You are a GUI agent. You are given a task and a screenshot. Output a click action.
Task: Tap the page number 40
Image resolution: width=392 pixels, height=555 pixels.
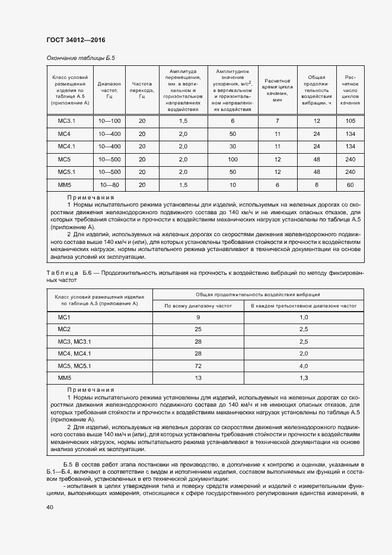coord(50,508)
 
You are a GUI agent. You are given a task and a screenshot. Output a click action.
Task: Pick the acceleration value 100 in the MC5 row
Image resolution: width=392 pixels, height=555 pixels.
coord(232,159)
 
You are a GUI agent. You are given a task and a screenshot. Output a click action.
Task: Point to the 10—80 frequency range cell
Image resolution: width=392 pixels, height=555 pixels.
coord(110,185)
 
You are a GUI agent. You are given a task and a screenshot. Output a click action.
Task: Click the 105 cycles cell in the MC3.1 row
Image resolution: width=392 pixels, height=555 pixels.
coord(350,121)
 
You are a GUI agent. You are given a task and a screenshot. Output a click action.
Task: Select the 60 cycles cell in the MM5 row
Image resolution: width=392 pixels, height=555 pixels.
coord(350,185)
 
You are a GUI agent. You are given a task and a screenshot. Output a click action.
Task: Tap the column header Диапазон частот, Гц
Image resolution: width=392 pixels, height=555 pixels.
coord(110,89)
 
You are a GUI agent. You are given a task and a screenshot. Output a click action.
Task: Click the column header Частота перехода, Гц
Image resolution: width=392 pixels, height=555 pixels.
coord(142,89)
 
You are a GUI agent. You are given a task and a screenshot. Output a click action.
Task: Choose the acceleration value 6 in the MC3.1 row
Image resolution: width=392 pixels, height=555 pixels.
coord(232,121)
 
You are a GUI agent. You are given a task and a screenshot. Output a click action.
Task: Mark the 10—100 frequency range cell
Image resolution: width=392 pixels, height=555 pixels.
coord(110,121)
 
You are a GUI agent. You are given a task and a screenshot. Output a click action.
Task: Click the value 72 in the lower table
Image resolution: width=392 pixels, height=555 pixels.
coord(197,365)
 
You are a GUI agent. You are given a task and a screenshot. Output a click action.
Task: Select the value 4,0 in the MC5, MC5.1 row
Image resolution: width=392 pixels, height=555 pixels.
coord(304,365)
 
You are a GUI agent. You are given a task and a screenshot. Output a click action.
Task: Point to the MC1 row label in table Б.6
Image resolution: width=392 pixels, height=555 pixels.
coord(64,318)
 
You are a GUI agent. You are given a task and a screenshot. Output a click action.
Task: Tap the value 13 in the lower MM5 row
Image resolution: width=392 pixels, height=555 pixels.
coord(197,378)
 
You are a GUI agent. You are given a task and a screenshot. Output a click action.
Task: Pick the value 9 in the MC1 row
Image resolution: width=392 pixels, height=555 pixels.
coord(197,318)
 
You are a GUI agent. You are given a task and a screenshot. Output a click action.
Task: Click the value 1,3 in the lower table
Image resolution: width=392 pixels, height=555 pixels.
coord(304,378)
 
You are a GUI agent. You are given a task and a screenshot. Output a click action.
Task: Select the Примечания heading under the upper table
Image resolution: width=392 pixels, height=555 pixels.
coord(91,197)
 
